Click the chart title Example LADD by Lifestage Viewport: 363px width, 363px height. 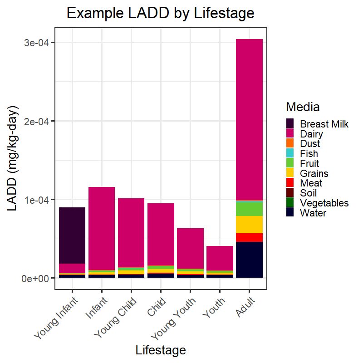[x=161, y=14]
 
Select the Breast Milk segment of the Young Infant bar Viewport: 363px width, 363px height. [x=72, y=235]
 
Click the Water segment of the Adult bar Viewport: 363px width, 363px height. [x=249, y=260]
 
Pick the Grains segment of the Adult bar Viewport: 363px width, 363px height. [x=249, y=225]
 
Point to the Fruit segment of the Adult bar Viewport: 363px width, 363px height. [x=249, y=208]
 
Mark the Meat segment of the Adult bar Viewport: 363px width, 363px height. [x=249, y=237]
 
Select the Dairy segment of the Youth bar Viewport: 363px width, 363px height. [x=220, y=258]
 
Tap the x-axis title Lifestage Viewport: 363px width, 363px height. [x=161, y=350]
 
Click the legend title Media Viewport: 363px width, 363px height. [x=303, y=107]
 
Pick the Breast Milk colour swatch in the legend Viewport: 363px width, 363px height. [x=290, y=123]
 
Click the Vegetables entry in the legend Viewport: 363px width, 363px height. [x=324, y=203]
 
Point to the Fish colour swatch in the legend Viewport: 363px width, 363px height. [x=290, y=153]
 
